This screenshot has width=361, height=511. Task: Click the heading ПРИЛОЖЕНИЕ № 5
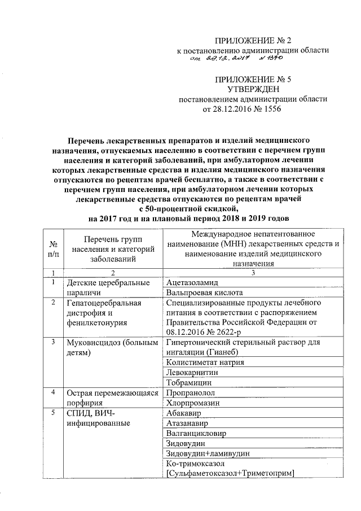[253, 79]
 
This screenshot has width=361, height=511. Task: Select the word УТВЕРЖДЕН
[253, 89]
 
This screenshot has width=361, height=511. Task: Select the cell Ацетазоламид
[192, 282]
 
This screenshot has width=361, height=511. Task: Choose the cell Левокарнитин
[192, 373]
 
